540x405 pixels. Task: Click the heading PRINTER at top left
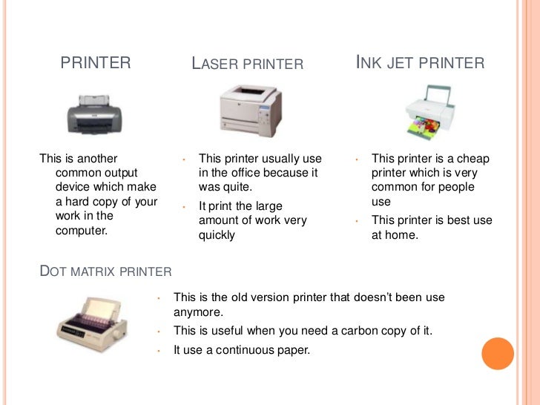(95, 63)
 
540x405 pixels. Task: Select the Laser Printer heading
(248, 64)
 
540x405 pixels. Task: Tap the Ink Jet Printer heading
(421, 63)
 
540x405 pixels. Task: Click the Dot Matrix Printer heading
(105, 271)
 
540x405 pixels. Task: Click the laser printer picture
(250, 111)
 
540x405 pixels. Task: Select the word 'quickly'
(217, 235)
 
